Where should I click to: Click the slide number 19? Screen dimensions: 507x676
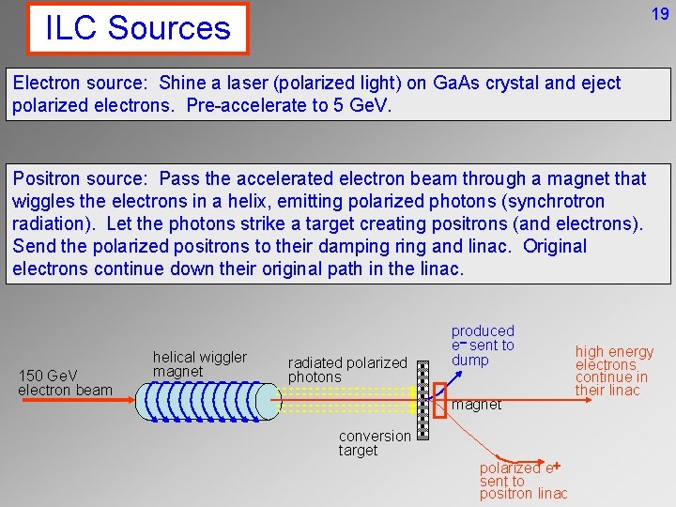coord(659,13)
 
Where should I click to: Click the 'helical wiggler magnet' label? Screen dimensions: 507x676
coord(199,363)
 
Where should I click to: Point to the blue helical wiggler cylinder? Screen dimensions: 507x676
coord(207,401)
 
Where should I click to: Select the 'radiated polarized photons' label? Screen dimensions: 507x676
coord(347,369)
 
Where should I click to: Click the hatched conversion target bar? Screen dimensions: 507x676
coord(422,401)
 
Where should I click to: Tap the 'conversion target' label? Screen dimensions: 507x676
coord(374,443)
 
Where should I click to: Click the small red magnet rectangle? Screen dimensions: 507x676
coord(439,400)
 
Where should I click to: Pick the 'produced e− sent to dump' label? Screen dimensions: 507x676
coord(483,345)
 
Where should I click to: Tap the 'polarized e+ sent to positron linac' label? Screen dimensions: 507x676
coord(523,481)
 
